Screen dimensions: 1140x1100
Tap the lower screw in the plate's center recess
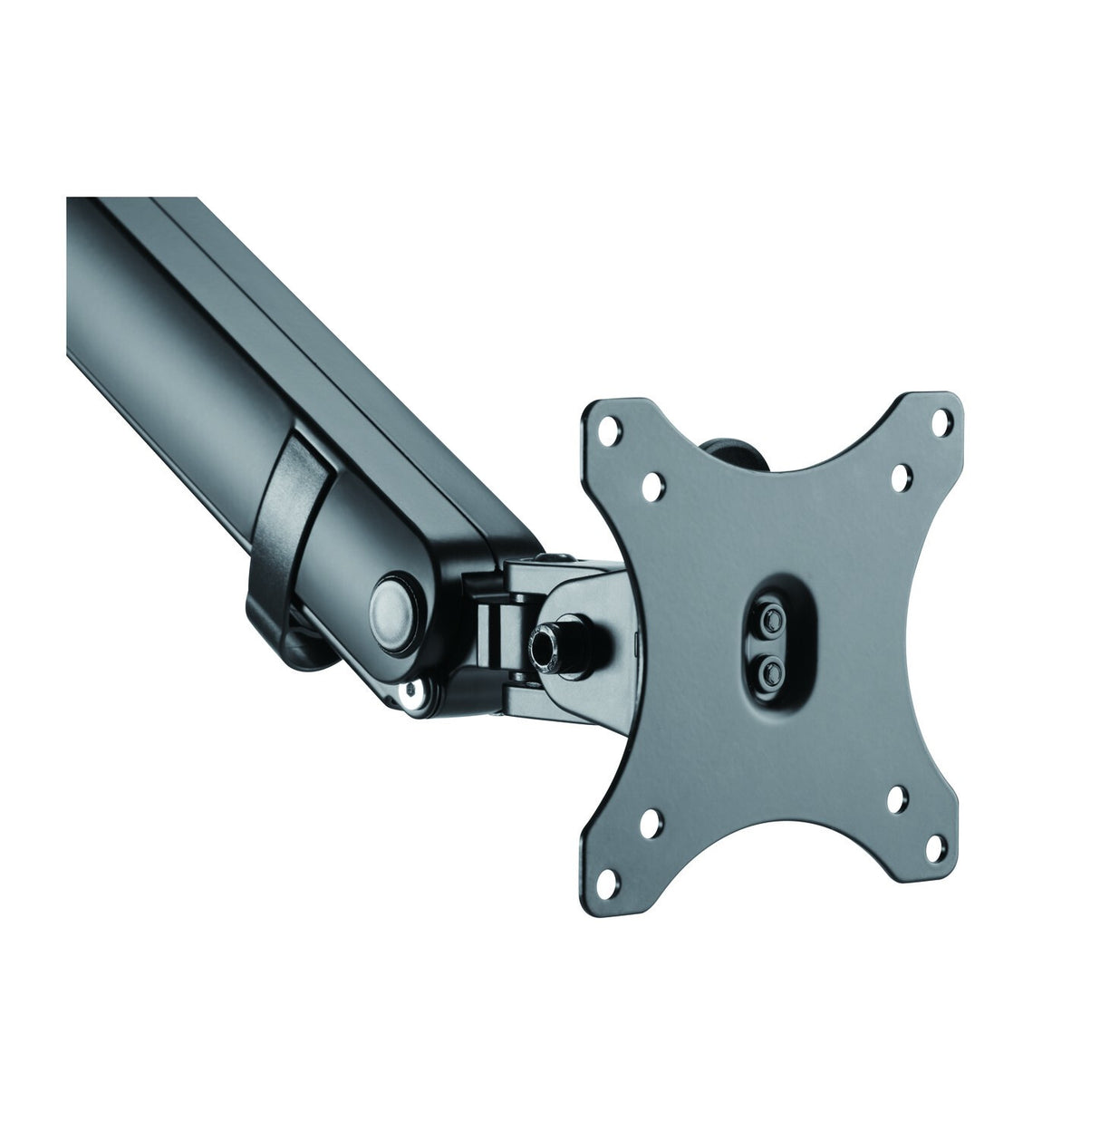tap(772, 670)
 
